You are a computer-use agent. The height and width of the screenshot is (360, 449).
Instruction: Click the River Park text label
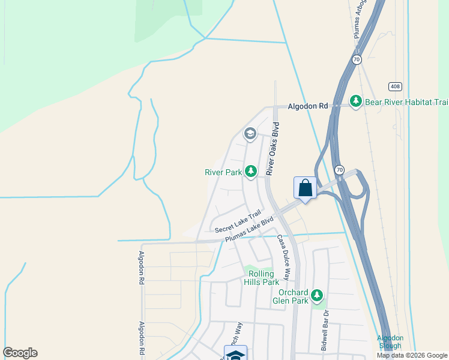[223, 172]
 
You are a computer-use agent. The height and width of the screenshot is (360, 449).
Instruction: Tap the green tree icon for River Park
[250, 172]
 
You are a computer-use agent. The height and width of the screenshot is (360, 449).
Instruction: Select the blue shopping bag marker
[305, 188]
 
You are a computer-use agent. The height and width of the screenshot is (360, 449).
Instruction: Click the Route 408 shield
[394, 86]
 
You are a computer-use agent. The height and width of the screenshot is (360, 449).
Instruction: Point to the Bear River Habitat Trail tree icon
[356, 101]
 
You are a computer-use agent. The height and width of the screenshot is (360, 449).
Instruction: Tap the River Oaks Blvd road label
[273, 148]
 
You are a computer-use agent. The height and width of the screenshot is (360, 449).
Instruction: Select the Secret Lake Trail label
[238, 221]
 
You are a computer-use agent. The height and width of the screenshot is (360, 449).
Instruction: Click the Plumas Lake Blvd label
[249, 229]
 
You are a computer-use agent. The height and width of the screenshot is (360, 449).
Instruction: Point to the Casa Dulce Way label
[283, 256]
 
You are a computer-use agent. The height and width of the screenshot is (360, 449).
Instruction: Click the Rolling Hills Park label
[262, 277]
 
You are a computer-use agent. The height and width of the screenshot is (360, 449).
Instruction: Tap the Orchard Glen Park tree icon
[317, 296]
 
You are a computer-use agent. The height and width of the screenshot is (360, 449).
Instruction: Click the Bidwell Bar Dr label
[325, 331]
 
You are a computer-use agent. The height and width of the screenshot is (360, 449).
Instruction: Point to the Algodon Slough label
[390, 342]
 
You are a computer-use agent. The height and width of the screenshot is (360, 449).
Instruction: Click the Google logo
[20, 353]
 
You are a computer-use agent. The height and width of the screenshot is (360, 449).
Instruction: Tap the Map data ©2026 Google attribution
[412, 355]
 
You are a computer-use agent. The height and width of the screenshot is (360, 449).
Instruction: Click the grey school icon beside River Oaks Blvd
[250, 134]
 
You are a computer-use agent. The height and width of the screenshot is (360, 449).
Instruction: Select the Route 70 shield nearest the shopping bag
[340, 170]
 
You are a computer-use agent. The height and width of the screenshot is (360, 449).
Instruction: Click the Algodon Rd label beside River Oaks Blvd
[308, 106]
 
